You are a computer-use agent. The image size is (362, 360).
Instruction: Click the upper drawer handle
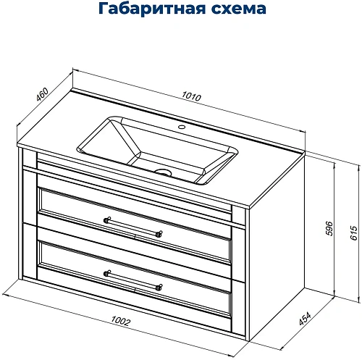click(x=133, y=226)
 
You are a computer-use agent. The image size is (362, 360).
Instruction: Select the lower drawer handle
click(x=133, y=280)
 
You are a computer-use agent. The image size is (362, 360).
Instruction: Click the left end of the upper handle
click(x=107, y=219)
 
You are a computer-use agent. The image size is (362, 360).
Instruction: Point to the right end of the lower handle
click(x=159, y=287)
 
